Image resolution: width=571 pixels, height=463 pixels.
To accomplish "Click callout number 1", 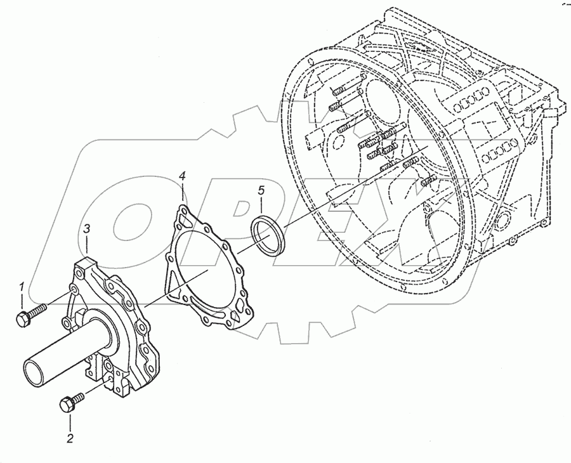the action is [x=22, y=286].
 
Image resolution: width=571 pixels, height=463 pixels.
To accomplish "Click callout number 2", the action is [x=70, y=438].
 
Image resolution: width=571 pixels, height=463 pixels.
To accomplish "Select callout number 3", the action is [x=88, y=228].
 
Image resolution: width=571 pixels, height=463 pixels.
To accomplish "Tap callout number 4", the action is [x=182, y=175].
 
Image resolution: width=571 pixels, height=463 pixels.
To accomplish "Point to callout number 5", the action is [x=260, y=190].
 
